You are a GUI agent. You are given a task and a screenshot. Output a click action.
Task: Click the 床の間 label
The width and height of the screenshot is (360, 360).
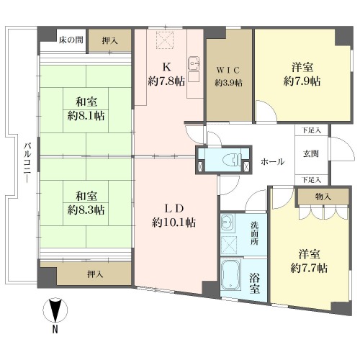[71, 40]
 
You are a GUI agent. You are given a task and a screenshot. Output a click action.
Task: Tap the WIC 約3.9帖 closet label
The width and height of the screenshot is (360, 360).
[228, 76]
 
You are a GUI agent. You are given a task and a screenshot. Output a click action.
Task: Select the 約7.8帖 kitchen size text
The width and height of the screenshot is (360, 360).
[166, 81]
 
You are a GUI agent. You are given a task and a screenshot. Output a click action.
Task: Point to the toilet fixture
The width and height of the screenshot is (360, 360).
[232, 160]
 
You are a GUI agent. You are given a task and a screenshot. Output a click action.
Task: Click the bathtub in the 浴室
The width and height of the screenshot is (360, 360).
[230, 275]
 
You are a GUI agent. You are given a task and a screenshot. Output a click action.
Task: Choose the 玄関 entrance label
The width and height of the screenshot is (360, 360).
[311, 153]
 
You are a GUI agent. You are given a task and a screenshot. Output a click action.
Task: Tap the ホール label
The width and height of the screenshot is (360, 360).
[272, 161]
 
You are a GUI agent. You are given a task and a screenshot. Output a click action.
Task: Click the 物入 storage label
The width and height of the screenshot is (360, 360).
[323, 197]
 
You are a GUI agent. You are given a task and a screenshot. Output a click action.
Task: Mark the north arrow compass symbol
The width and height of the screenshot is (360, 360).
[55, 310]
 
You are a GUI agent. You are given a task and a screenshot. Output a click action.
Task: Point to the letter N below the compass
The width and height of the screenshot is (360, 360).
[55, 329]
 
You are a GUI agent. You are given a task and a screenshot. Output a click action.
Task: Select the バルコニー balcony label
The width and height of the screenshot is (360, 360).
[28, 162]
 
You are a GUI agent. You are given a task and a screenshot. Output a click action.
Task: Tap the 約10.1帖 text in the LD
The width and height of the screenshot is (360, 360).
[174, 223]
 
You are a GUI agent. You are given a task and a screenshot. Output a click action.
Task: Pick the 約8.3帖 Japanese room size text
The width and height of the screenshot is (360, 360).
[86, 210]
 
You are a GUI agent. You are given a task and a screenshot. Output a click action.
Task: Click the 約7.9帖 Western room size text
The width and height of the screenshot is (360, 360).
[302, 81]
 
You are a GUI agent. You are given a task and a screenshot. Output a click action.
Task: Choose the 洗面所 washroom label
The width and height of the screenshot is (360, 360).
[255, 233]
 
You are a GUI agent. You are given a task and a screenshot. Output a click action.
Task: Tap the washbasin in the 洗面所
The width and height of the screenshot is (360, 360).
[226, 222]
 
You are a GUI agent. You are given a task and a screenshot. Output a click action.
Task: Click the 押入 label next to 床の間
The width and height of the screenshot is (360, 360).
[109, 41]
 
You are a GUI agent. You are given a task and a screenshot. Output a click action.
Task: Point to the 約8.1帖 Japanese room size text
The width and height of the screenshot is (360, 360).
[86, 117]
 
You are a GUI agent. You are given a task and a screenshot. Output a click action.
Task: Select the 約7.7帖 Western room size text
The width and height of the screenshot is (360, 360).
[309, 268]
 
